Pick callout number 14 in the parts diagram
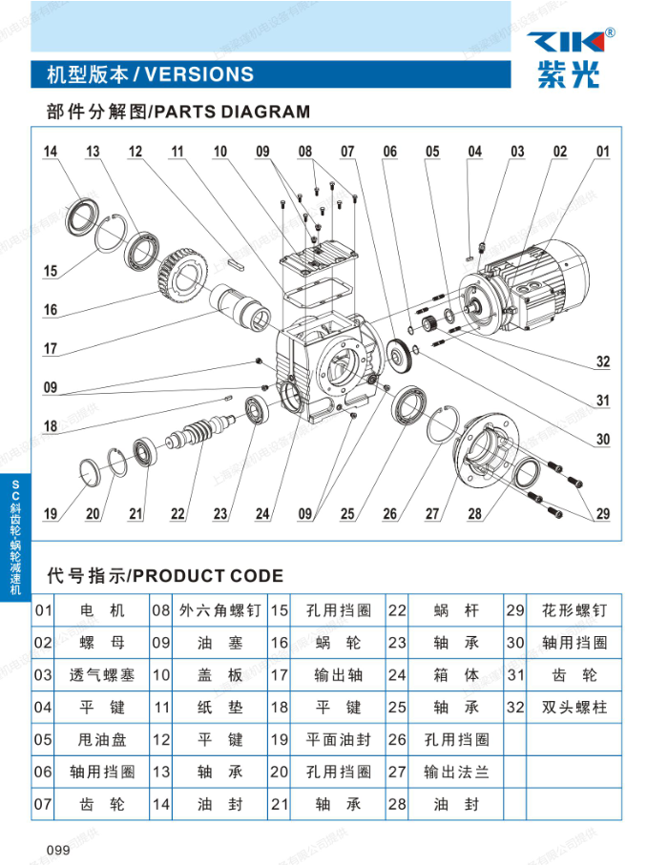[x=51, y=152]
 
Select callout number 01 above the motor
[x=602, y=152]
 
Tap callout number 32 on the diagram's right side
[x=602, y=361]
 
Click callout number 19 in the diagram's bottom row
[x=51, y=515]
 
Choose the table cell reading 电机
[x=102, y=610]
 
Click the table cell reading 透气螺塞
[x=102, y=675]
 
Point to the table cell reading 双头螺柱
[x=574, y=708]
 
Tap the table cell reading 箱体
[x=456, y=675]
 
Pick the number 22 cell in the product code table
[x=397, y=610]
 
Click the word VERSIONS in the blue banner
[x=199, y=74]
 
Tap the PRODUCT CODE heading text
[x=207, y=575]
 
